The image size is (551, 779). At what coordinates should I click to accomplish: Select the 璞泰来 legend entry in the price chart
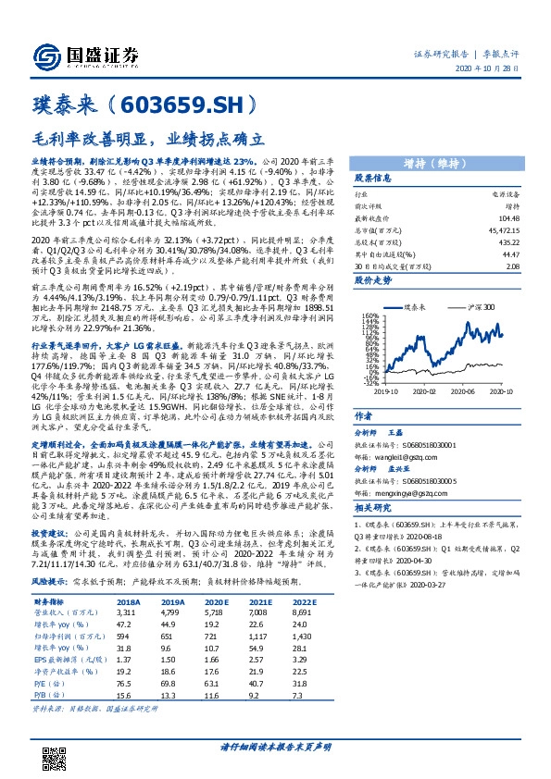click(420, 306)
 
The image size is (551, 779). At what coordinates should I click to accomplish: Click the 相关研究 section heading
click(372, 507)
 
